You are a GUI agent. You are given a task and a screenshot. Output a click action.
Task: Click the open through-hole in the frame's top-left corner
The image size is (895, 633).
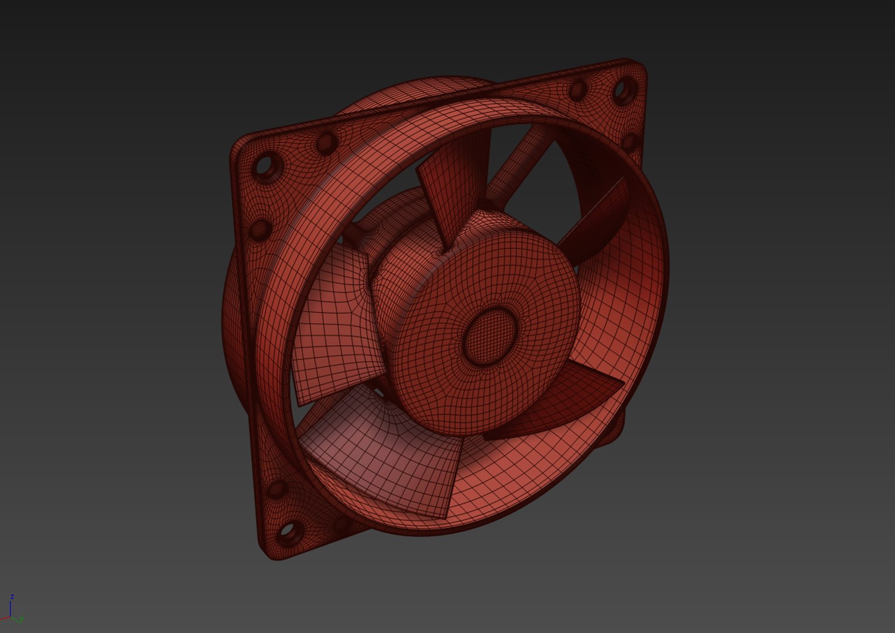pos(267,166)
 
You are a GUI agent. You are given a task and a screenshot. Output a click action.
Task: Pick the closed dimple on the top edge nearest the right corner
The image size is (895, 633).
pos(578,89)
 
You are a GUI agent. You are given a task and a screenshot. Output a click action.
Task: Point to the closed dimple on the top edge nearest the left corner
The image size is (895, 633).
pos(326,142)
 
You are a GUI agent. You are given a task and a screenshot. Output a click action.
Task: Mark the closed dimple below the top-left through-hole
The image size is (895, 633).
pos(260,229)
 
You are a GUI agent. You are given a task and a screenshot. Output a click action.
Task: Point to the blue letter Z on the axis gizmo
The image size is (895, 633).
pos(12,597)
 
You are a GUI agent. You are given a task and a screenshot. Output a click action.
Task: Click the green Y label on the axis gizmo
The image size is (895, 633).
pos(22,619)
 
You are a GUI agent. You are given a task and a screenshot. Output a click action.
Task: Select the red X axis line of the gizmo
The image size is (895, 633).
pos(5,618)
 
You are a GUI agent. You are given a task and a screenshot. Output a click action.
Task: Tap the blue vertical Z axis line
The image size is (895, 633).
pos(11,608)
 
